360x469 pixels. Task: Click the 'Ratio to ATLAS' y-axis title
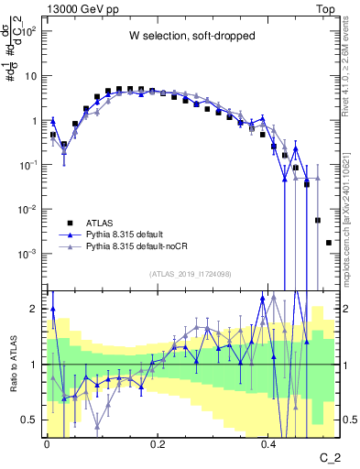click(12, 365)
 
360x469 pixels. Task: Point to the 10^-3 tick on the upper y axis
click(31, 253)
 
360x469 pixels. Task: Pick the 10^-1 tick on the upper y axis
click(31, 164)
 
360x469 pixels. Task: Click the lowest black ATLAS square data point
click(329, 243)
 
